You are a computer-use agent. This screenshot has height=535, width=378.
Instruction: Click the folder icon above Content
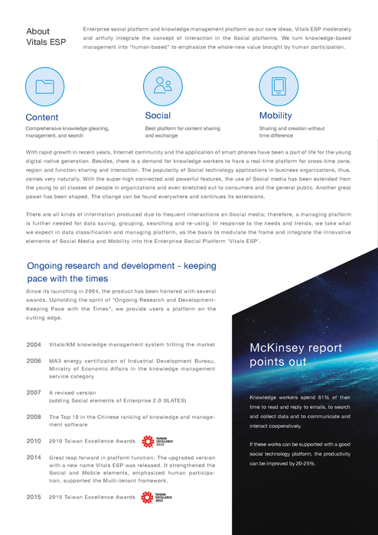pyautogui.click(x=45, y=86)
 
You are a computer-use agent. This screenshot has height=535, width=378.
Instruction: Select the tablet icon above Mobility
pyautogui.click(x=279, y=86)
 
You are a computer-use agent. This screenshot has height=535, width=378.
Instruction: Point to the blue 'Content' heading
pyautogui.click(x=41, y=117)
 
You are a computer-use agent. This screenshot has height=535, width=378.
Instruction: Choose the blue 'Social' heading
pyautogui.click(x=158, y=115)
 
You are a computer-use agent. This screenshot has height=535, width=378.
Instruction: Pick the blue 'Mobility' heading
pyautogui.click(x=276, y=115)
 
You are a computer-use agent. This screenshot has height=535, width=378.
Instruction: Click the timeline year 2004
pyautogui.click(x=34, y=345)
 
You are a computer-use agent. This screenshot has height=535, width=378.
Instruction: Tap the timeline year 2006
pyautogui.click(x=34, y=360)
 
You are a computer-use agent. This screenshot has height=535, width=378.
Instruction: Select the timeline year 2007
pyautogui.click(x=34, y=392)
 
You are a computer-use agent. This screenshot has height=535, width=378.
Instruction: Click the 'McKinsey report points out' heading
pyautogui.click(x=296, y=355)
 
